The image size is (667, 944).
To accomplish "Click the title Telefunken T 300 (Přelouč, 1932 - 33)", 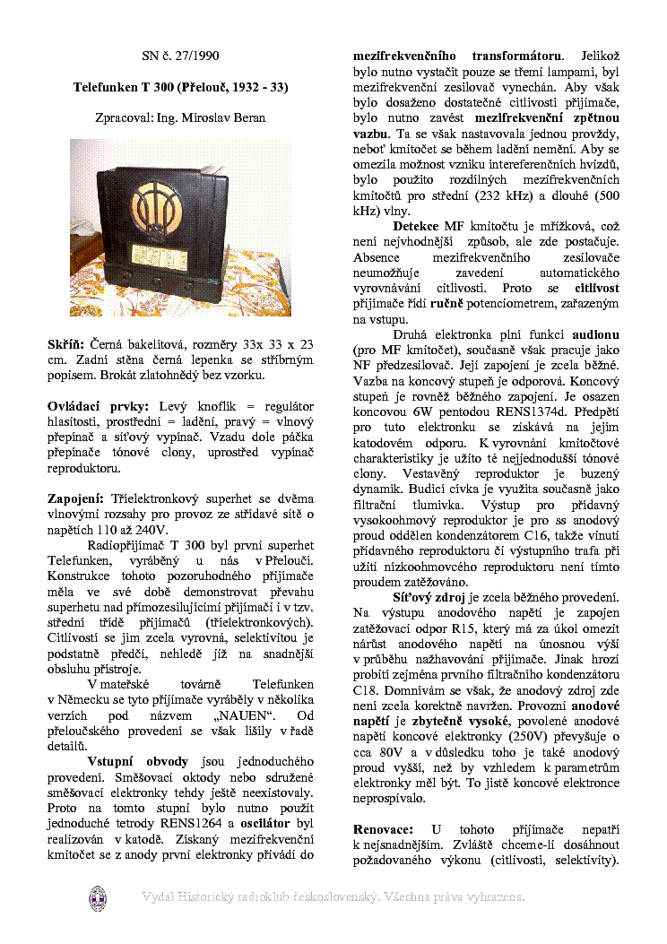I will click(x=180, y=87).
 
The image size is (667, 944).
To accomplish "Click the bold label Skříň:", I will click(x=65, y=344).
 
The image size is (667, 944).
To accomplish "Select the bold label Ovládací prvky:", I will click(x=98, y=406).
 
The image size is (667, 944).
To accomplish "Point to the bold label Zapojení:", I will click(x=77, y=498).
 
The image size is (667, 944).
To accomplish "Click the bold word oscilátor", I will click(x=269, y=822).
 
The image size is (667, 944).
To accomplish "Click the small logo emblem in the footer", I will click(x=98, y=897).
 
